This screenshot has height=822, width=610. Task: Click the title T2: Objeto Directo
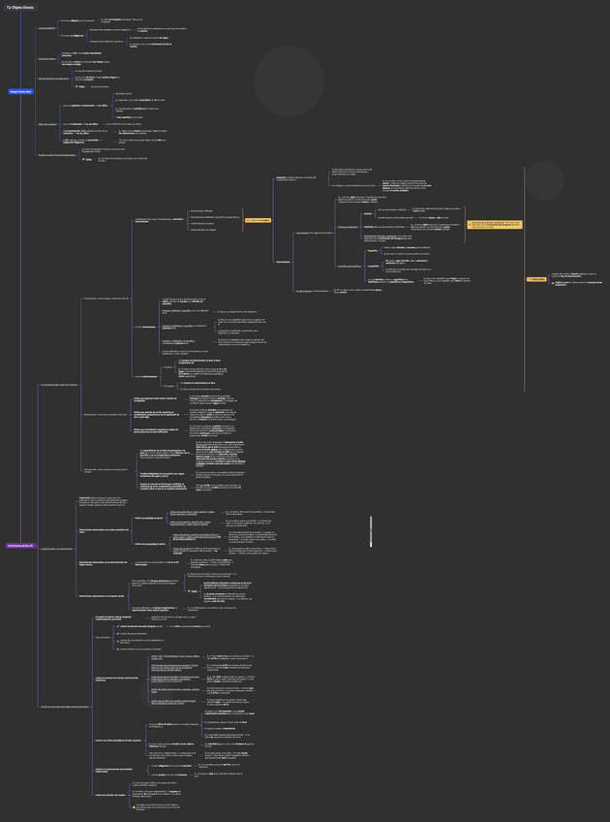click(x=19, y=7)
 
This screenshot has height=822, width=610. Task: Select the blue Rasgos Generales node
click(x=19, y=91)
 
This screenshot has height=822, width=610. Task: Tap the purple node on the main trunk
click(x=19, y=546)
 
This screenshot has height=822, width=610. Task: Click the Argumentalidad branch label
click(x=46, y=28)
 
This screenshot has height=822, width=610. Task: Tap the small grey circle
click(x=544, y=179)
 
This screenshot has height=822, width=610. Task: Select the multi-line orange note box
click(x=496, y=224)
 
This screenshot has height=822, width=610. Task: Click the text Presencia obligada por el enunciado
click(x=77, y=20)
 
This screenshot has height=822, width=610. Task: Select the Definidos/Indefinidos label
click(x=348, y=227)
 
